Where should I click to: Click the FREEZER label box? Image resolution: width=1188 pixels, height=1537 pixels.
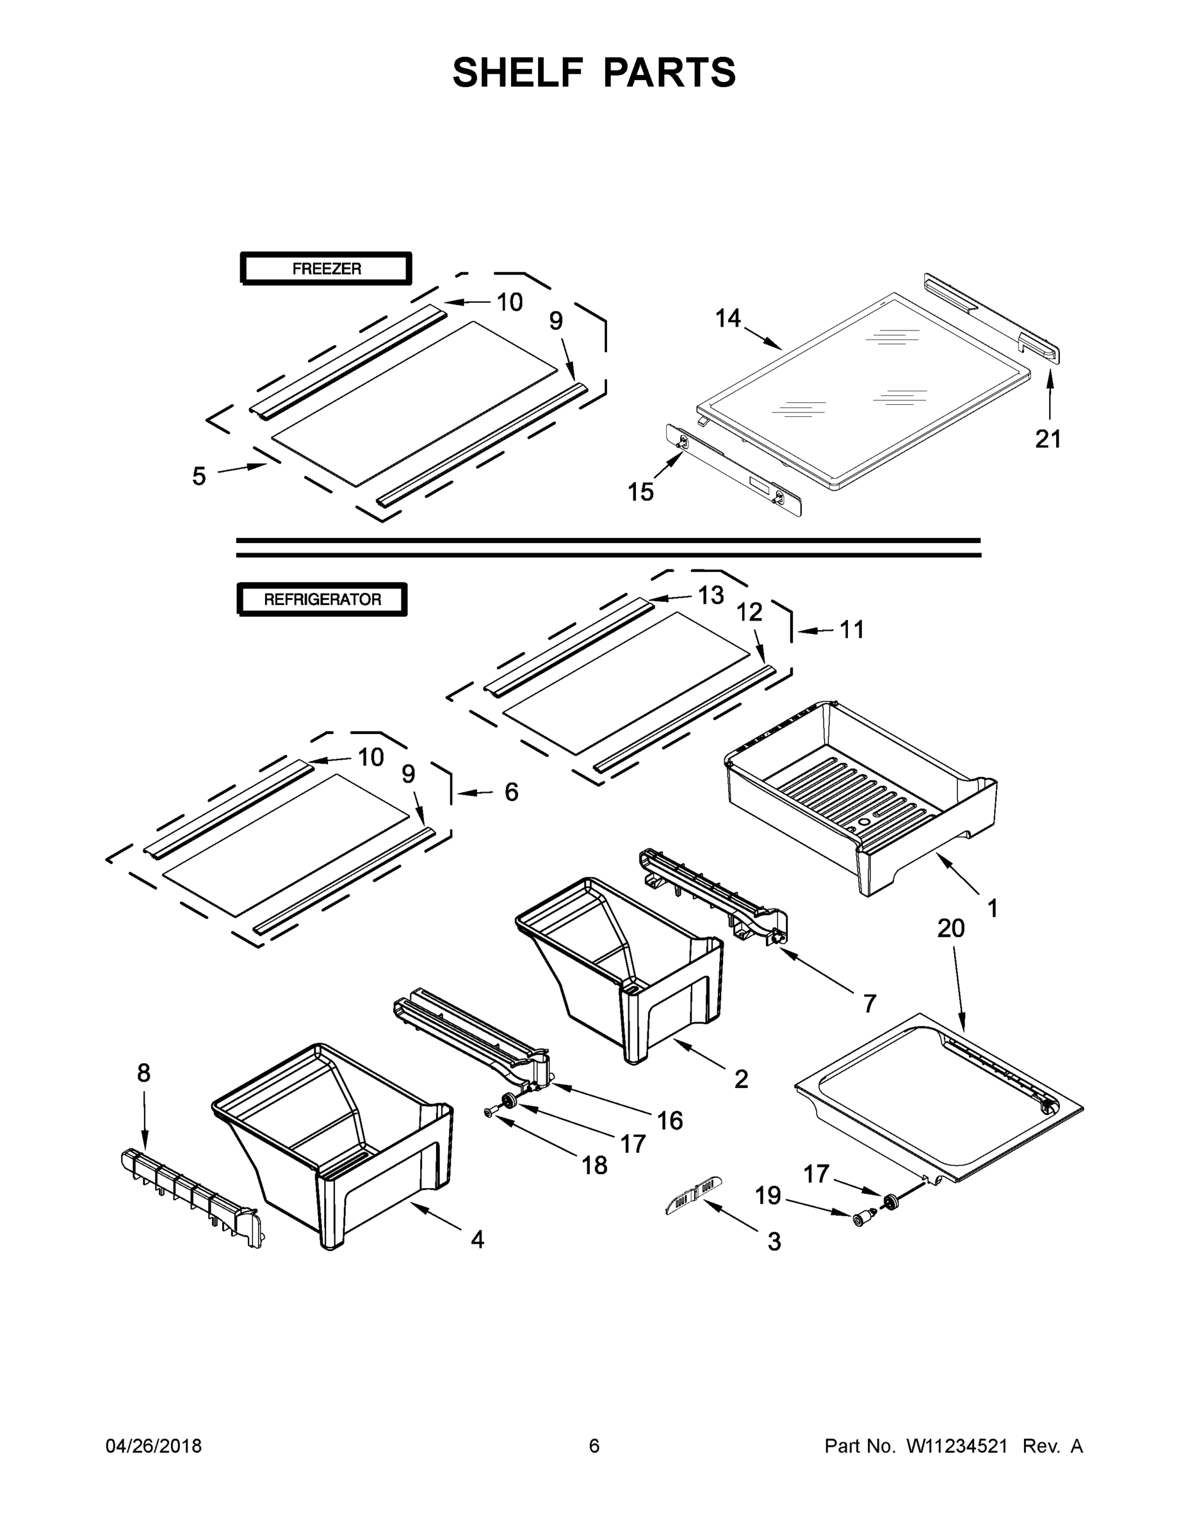coord(326,269)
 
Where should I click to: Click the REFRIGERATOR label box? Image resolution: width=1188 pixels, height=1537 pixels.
coord(322,599)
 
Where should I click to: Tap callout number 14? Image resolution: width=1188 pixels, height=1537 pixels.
coord(728,319)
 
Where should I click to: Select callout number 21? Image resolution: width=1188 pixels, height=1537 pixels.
coord(1047,439)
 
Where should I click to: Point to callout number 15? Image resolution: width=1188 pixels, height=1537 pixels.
coord(640,492)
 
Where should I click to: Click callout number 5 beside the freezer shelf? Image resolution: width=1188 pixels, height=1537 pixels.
coord(199,476)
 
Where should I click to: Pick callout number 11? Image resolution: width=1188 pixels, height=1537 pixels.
coord(852,629)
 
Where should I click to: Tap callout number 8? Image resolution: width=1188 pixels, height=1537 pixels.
coord(143,1073)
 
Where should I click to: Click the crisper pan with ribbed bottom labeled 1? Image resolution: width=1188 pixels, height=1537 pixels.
coord(859,795)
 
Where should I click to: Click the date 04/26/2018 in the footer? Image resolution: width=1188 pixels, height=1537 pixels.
coord(154,1445)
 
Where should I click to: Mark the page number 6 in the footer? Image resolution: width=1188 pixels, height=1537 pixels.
coord(594,1445)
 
